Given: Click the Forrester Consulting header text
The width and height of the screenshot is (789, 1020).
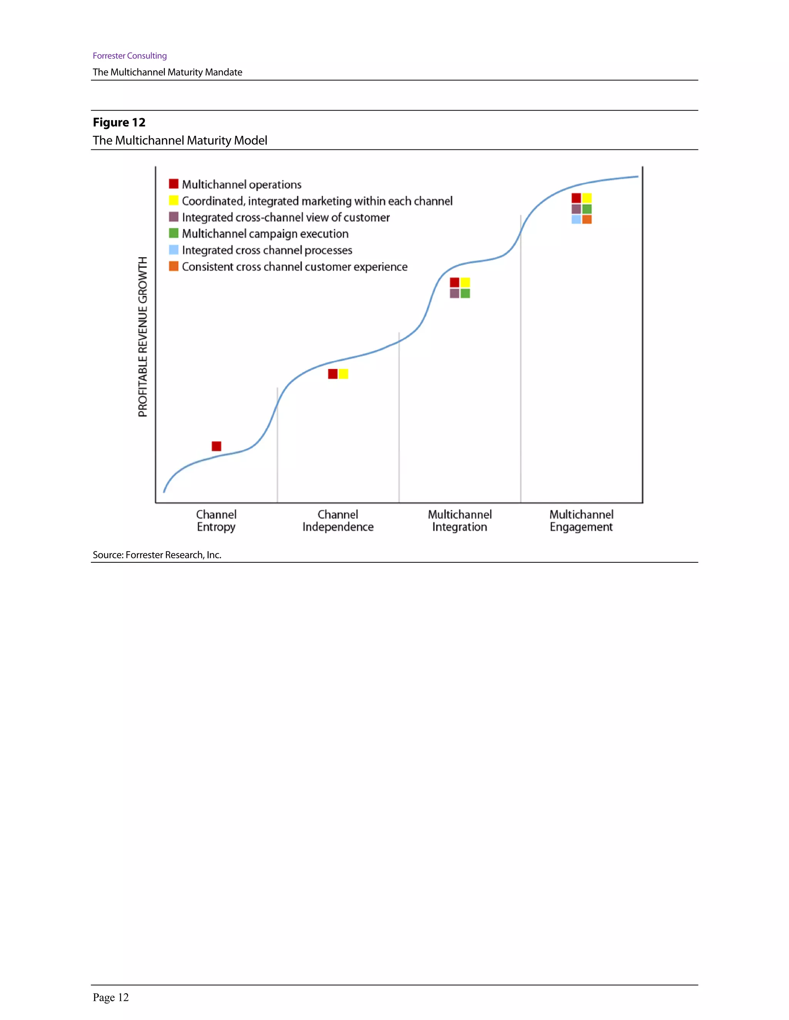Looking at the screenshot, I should pos(129,55).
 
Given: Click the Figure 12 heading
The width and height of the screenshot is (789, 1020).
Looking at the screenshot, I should pos(119,122).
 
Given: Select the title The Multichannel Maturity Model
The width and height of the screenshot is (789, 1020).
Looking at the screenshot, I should pos(180,140).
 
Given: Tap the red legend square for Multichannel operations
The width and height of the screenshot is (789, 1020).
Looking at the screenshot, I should pos(173,184).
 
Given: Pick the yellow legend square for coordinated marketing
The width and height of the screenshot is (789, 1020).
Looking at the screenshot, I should pos(173,201).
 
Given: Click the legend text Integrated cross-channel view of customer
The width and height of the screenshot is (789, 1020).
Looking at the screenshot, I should pos(285,217).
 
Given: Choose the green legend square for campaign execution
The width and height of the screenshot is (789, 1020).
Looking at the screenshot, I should pos(173,233).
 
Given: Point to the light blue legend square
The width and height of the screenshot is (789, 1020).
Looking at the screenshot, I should pos(173,250).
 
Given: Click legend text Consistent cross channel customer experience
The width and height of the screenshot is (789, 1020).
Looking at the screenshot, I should pos(294,267).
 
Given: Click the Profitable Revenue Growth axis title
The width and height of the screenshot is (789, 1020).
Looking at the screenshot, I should pos(143,336).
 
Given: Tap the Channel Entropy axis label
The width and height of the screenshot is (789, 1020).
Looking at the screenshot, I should pos(216,520).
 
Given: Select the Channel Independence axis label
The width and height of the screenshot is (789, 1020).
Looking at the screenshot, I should pos(337,520).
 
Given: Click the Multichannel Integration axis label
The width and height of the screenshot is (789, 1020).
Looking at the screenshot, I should pos(460,520).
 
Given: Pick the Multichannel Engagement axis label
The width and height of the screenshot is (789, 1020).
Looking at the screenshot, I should pos(581,520).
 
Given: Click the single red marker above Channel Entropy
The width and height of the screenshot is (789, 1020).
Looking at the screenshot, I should pos(217,446).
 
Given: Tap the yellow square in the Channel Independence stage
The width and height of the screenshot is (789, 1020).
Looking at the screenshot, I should pos(344,374).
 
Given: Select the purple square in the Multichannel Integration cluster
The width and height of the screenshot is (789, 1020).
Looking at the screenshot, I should pos(454,293).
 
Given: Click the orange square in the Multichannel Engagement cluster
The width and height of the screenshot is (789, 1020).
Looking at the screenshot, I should pos(587,219).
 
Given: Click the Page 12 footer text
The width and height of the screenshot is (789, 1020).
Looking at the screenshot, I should pos(111,997).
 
